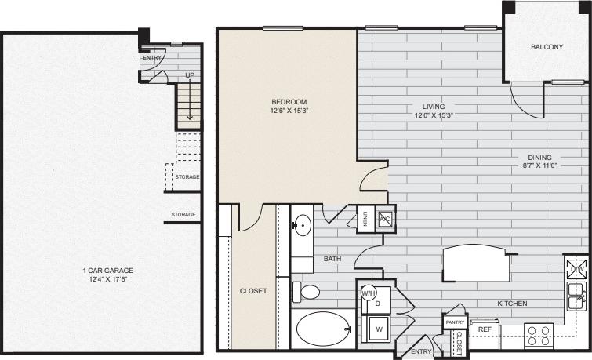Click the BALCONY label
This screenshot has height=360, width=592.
click(547, 47)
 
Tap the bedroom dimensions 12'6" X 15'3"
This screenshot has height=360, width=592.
click(289, 111)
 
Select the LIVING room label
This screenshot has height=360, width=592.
click(434, 106)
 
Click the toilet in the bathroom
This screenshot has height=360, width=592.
click(307, 293)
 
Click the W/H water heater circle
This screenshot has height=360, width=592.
click(369, 293)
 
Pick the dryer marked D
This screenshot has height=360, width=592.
click(377, 303)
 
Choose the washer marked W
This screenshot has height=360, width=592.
click(377, 329)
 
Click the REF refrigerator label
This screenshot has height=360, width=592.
click(485, 330)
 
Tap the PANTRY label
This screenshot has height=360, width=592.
click(455, 322)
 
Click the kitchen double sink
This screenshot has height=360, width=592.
click(577, 294)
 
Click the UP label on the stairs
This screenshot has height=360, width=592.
click(190, 75)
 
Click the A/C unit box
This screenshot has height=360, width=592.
click(385, 219)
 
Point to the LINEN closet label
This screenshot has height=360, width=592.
click(365, 220)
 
